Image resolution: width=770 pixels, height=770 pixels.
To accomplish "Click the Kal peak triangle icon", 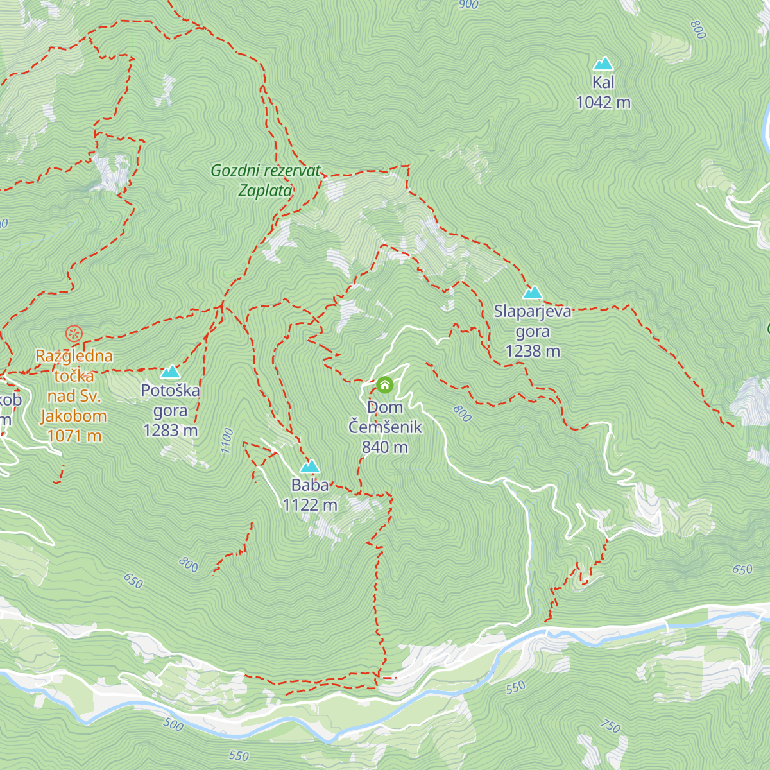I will coord(603,64).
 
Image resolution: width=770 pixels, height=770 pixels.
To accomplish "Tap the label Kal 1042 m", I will coord(603,92).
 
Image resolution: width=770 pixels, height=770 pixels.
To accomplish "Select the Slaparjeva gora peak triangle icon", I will coord(532,293).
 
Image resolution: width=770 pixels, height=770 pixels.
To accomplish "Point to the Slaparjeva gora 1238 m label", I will coord(532,331).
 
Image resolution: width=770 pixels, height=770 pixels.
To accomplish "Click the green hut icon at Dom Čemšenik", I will coord(384,385).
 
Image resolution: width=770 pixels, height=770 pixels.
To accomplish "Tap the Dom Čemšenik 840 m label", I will coord(385,427).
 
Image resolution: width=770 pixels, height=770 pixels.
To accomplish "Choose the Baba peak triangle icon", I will coord(310,466).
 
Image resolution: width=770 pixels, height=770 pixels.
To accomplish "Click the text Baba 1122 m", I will coord(310,495).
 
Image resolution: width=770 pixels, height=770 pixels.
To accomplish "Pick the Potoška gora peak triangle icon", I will coord(170,372).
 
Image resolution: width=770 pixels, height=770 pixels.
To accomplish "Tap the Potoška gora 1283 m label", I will coord(171,410).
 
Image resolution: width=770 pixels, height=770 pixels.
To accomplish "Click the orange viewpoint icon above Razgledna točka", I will coord(74,333).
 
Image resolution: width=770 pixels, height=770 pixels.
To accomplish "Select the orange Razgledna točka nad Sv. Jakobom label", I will coord(74,386).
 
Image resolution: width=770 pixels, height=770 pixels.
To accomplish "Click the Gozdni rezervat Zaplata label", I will coord(265,180).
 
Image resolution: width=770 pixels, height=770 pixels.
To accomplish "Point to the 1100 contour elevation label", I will coord(227,441).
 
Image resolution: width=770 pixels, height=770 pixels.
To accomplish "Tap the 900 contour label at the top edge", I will coord(469,5).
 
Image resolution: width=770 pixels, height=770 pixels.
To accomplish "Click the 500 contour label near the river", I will coord(173,725).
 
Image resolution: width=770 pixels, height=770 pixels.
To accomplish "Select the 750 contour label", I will coord(610,726).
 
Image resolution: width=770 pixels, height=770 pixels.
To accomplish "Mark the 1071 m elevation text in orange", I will coord(74,436).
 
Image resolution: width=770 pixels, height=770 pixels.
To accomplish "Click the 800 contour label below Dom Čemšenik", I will coord(462,414).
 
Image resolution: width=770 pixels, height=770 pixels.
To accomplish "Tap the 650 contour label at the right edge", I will coord(742,569).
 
